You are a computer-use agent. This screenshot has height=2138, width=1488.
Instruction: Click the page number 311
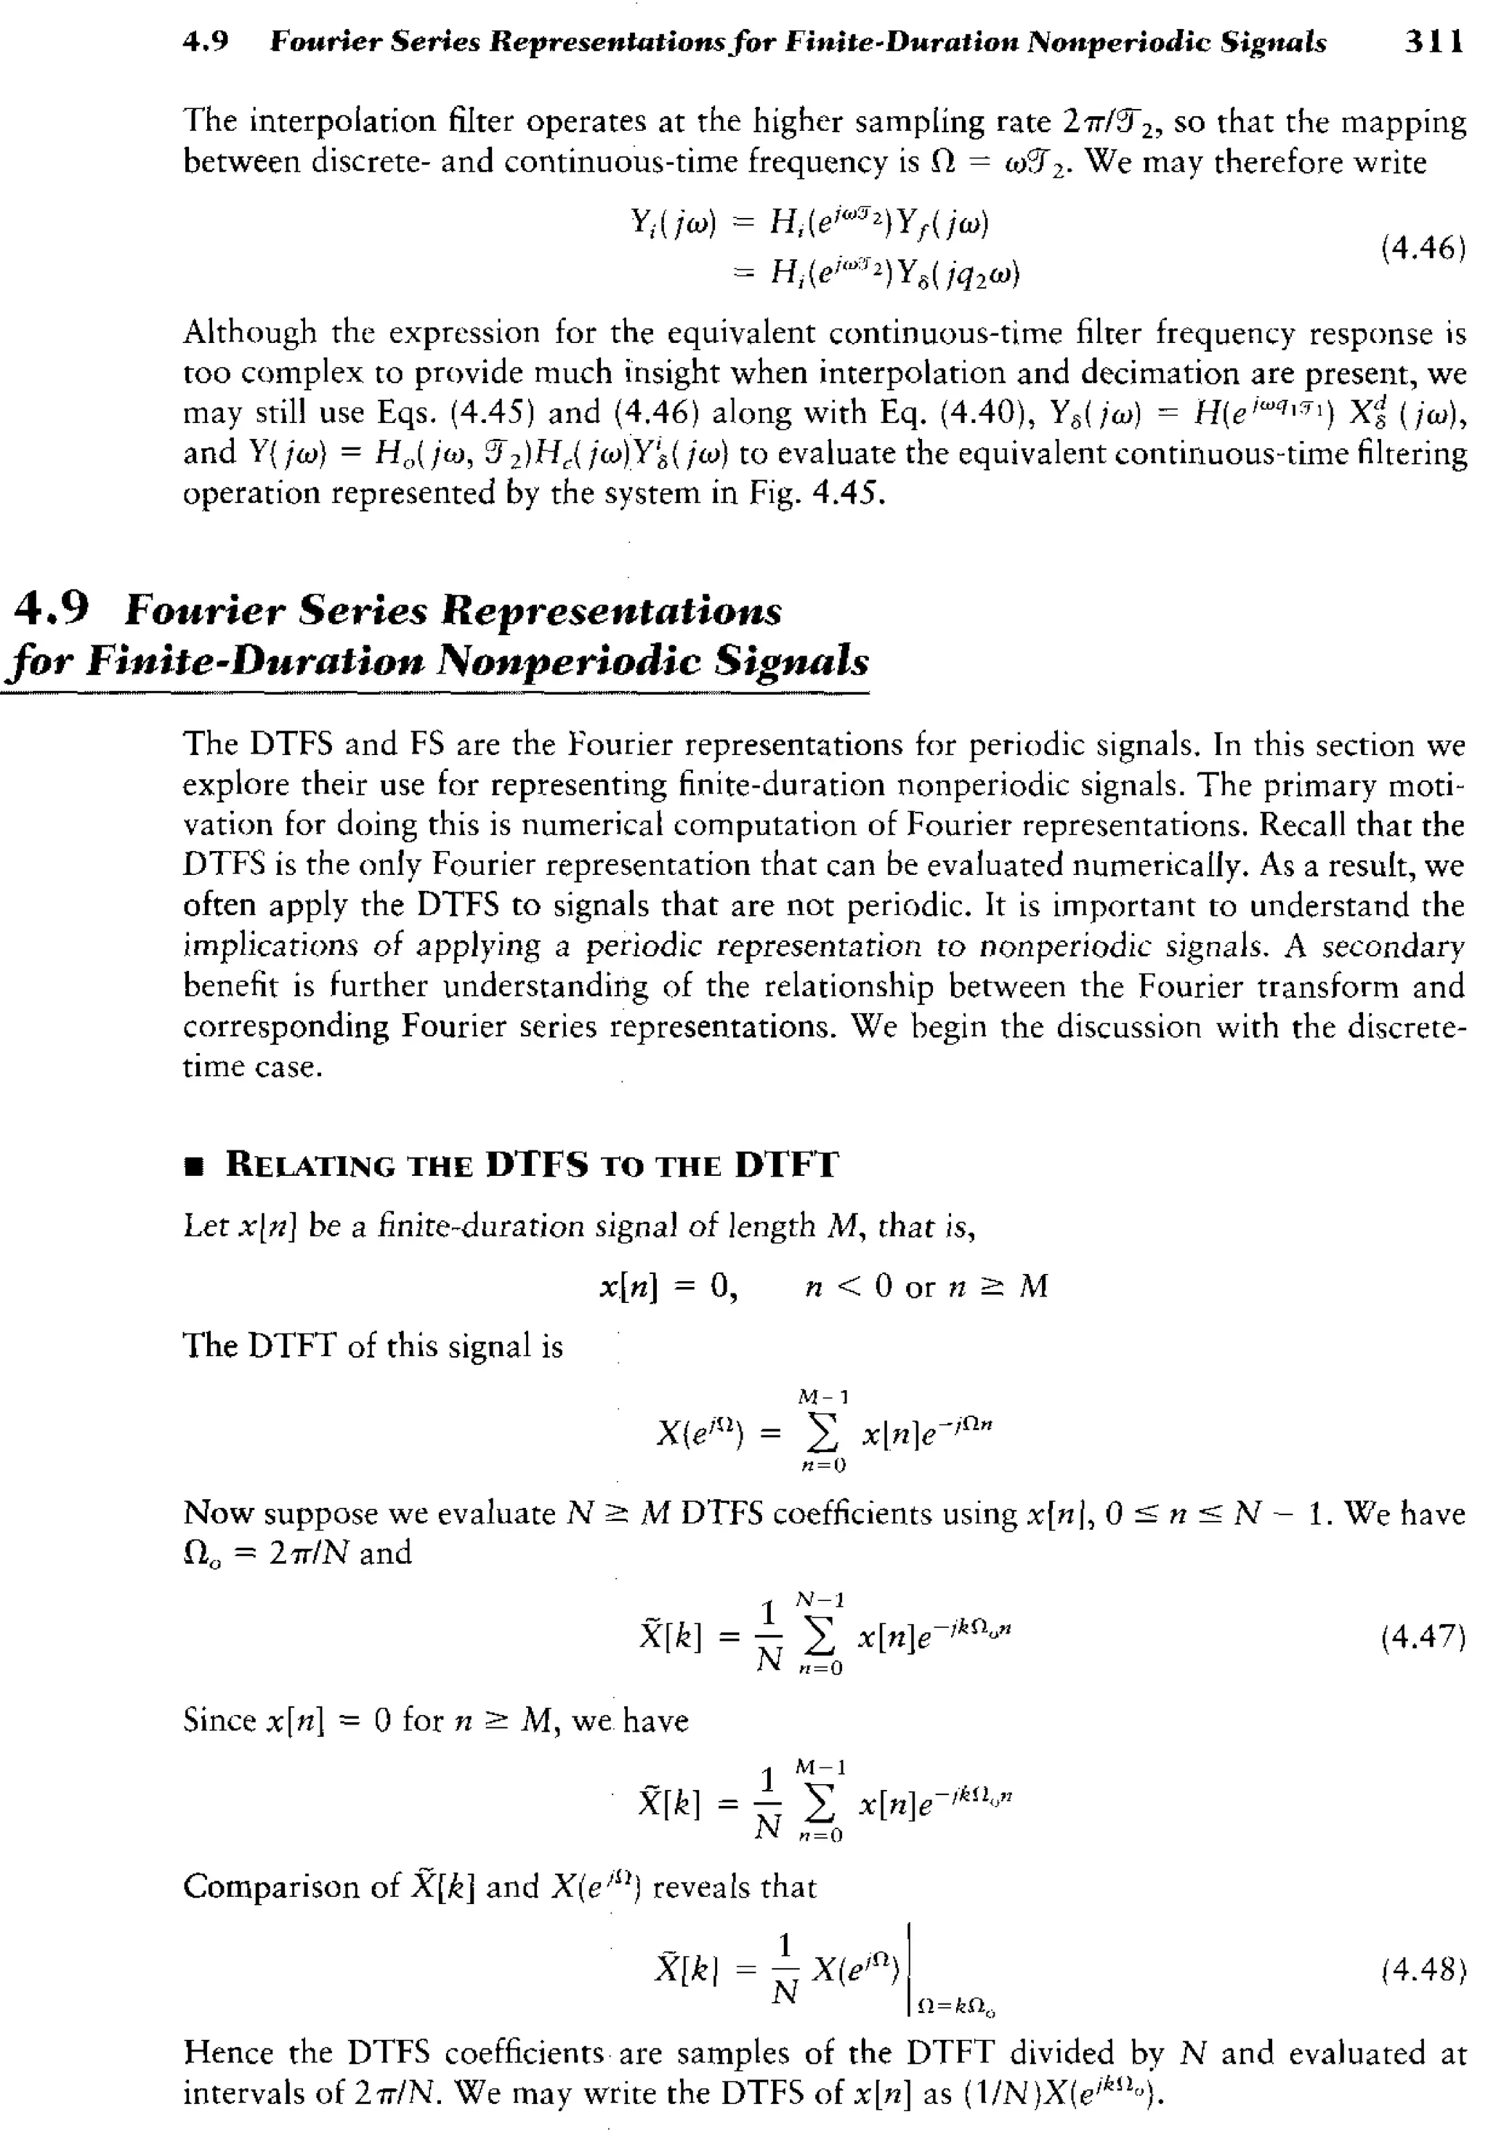pos(1434,42)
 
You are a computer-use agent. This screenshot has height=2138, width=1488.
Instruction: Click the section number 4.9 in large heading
pos(53,610)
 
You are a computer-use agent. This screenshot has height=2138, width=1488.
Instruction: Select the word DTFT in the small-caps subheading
pos(786,1165)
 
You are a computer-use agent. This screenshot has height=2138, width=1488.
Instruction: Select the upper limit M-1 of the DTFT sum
pos(823,1397)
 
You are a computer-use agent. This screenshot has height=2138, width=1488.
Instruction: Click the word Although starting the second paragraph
pos(249,332)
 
